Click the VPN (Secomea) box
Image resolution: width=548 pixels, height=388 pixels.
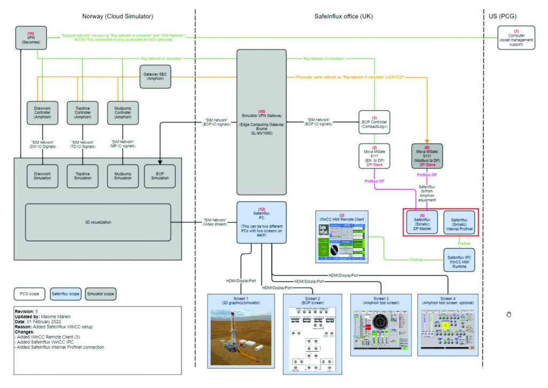pyautogui.click(x=31, y=37)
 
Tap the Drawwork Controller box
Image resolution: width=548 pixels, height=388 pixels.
pyautogui.click(x=42, y=113)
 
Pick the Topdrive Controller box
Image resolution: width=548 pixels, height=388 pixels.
pyautogui.click(x=82, y=113)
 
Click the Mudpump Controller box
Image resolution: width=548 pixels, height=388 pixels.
pyautogui.click(x=123, y=113)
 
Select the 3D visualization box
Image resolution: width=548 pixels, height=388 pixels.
pyautogui.click(x=97, y=222)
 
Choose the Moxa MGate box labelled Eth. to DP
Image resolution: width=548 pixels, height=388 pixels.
pyautogui.click(x=375, y=155)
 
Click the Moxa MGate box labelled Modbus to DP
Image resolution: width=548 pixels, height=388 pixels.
pyautogui.click(x=427, y=155)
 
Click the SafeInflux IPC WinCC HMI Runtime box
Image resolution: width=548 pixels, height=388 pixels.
pyautogui.click(x=459, y=261)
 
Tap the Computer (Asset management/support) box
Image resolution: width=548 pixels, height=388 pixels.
pyautogui.click(x=516, y=37)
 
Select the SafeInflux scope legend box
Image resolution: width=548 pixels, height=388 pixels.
pyautogui.click(x=66, y=294)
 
